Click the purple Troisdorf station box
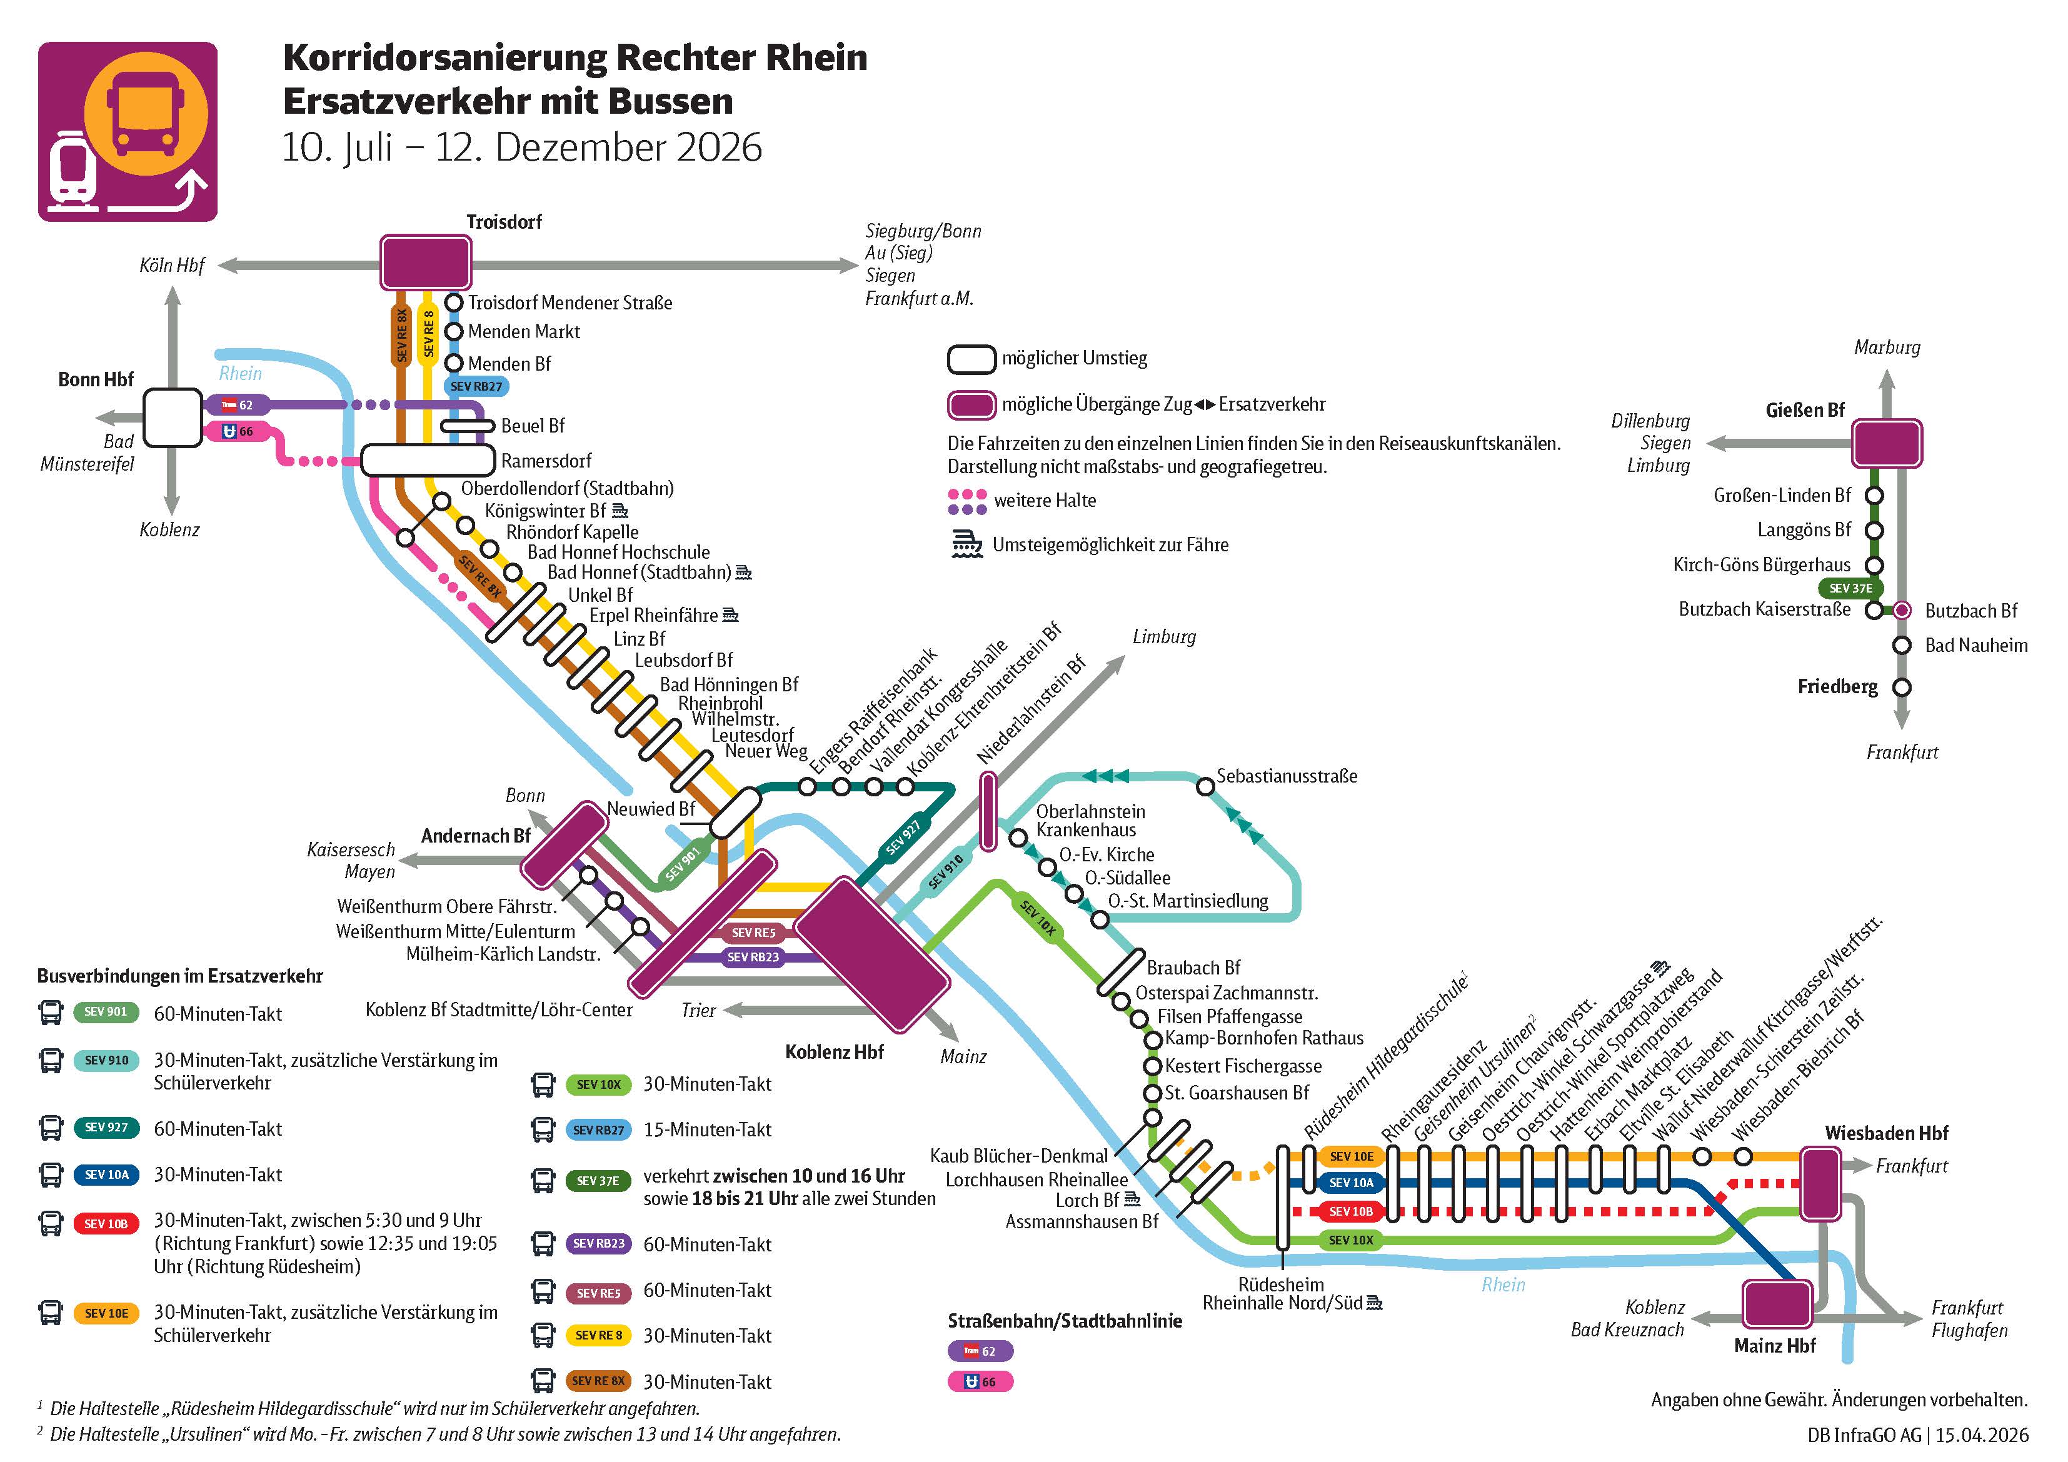point(426,262)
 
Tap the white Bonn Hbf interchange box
point(173,417)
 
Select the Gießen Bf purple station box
point(1886,443)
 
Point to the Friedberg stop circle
point(1901,688)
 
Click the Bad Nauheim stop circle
point(1901,645)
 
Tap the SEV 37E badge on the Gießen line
point(1850,588)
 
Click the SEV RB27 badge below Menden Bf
point(476,386)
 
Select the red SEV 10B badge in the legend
point(106,1223)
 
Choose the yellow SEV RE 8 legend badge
point(598,1335)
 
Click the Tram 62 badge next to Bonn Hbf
point(238,406)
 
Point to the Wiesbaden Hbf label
point(1886,1133)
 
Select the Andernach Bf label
point(476,836)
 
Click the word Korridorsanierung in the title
point(445,58)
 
